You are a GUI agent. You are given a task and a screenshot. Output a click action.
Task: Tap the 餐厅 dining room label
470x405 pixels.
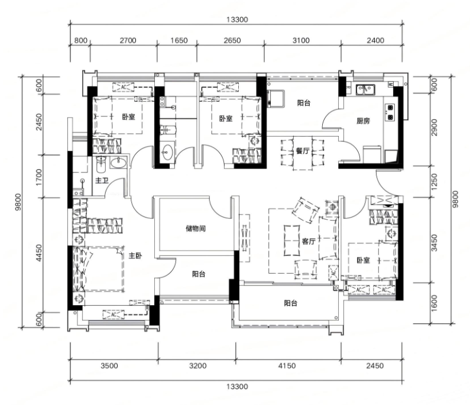point(303,151)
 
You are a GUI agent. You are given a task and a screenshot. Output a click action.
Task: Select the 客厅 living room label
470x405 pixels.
point(309,241)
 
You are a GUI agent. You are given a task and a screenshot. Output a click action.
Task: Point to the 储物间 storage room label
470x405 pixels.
point(196,229)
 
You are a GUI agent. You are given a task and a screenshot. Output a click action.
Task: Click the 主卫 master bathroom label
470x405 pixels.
point(102,181)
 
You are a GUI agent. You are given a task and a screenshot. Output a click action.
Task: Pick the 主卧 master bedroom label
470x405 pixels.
point(135,255)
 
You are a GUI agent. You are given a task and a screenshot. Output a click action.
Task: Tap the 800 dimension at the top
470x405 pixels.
point(80,40)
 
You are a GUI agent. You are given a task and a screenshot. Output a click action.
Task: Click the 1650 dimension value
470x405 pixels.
point(179,40)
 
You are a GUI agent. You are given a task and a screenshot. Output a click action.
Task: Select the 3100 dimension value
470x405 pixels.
point(301,40)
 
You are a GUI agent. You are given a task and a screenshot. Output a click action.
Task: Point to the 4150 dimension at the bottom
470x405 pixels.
point(287,366)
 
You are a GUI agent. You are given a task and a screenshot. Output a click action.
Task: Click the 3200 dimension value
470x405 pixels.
point(198,366)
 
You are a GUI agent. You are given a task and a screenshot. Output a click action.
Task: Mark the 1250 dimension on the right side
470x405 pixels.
point(434,182)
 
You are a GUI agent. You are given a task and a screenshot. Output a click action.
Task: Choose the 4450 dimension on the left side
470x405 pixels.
point(39,253)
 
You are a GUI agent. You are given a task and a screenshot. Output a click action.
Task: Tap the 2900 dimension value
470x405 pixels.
point(434,127)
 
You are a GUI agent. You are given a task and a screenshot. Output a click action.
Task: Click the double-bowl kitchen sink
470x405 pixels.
point(365,89)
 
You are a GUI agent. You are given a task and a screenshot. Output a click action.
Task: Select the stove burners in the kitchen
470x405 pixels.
point(390,112)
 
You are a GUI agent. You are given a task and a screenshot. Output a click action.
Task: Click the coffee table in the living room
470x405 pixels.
point(291,240)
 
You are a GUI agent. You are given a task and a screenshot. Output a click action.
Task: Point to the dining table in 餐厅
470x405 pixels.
point(303,153)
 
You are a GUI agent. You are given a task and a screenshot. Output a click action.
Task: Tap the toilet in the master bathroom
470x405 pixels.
point(101,164)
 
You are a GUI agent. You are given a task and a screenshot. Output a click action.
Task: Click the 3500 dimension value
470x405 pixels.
point(109,366)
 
